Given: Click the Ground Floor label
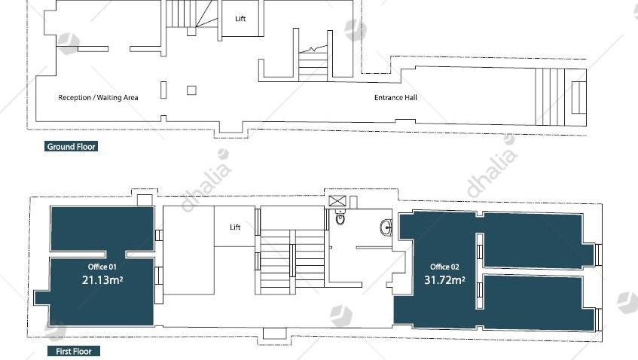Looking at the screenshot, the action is pyautogui.click(x=71, y=146).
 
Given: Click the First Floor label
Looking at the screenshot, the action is pyautogui.click(x=73, y=351).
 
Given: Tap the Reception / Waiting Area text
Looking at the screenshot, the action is pyautogui.click(x=98, y=98).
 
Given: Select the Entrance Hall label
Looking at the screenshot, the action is pyautogui.click(x=395, y=98).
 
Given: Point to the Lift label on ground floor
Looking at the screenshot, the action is pyautogui.click(x=240, y=18).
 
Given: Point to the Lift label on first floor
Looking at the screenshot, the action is pyautogui.click(x=235, y=227).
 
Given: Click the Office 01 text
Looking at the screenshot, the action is pyautogui.click(x=102, y=267).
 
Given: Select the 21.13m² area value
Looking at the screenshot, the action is pyautogui.click(x=102, y=280).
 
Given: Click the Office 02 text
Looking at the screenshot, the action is pyautogui.click(x=444, y=267).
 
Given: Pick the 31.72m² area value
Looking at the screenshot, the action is pyautogui.click(x=444, y=280).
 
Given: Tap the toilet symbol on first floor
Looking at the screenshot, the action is pyautogui.click(x=340, y=218).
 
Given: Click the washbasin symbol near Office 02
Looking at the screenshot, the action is pyautogui.click(x=386, y=227).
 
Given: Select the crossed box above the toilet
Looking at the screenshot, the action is pyautogui.click(x=337, y=201).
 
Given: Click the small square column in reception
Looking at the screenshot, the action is pyautogui.click(x=191, y=90).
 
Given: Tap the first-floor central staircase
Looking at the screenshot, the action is pyautogui.click(x=292, y=261).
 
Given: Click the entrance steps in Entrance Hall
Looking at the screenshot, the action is pyautogui.click(x=550, y=97).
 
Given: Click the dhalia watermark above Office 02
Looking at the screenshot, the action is pyautogui.click(x=491, y=166).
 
